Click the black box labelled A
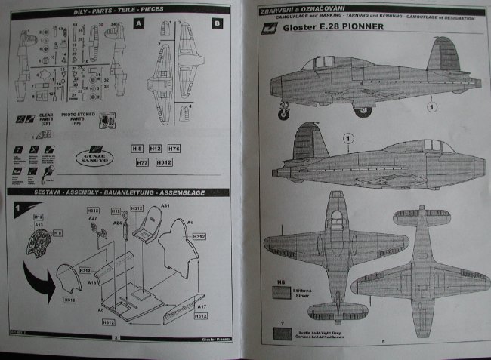tap(138, 24)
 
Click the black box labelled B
tap(218, 24)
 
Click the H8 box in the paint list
tap(137, 149)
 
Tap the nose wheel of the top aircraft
tap(285, 115)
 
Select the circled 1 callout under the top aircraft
tap(432, 106)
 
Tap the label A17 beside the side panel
tap(201, 308)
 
